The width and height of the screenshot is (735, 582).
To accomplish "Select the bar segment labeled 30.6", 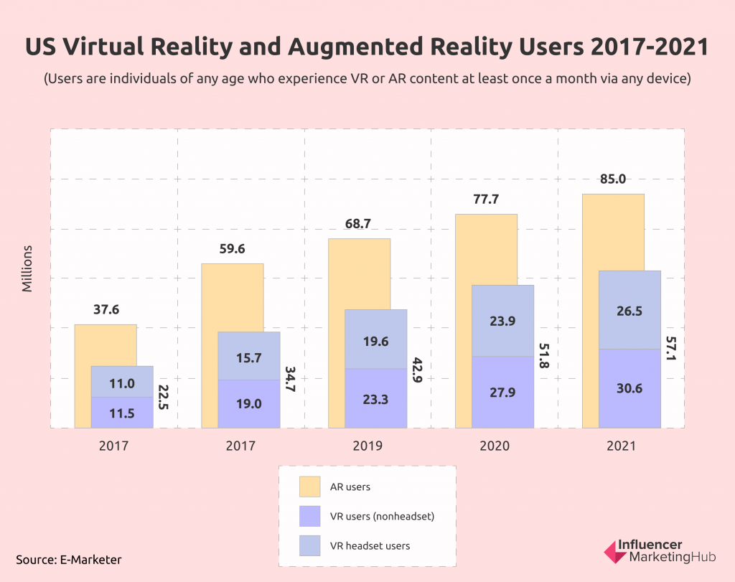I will (629, 388).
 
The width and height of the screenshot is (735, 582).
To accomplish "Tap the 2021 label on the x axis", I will (621, 446).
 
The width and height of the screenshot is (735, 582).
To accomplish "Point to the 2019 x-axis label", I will (367, 446).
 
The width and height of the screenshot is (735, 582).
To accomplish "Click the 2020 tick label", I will (495, 446).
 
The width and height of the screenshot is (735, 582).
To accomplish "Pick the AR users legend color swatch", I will (309, 487).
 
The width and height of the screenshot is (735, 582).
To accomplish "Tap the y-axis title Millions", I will (27, 268).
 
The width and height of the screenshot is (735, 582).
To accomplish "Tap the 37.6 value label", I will (106, 310).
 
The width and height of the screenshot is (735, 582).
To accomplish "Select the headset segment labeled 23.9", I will (502, 321).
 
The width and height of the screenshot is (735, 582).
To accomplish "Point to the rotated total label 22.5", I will (163, 397).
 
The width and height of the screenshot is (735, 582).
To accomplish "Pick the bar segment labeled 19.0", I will (249, 404).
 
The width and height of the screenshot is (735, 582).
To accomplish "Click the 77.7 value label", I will (486, 200).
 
